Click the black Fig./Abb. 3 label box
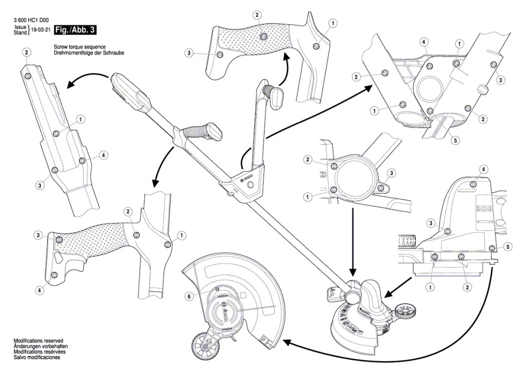tap(76, 30)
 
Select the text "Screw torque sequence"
tap(79, 47)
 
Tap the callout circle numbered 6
tap(189, 296)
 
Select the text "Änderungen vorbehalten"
tap(38, 346)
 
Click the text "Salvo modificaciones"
tap(37, 358)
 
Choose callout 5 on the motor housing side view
tap(508, 247)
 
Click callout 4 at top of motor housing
tap(483, 169)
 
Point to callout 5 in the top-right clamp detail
tap(455, 140)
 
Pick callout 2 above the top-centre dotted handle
tap(257, 15)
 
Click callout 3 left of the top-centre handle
tap(189, 53)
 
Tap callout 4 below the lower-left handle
tap(39, 290)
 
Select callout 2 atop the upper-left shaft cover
tap(27, 52)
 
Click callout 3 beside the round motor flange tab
tap(392, 173)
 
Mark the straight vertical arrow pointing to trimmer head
tap(353, 242)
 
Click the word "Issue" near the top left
tap(20, 27)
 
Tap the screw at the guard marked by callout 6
tap(217, 290)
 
